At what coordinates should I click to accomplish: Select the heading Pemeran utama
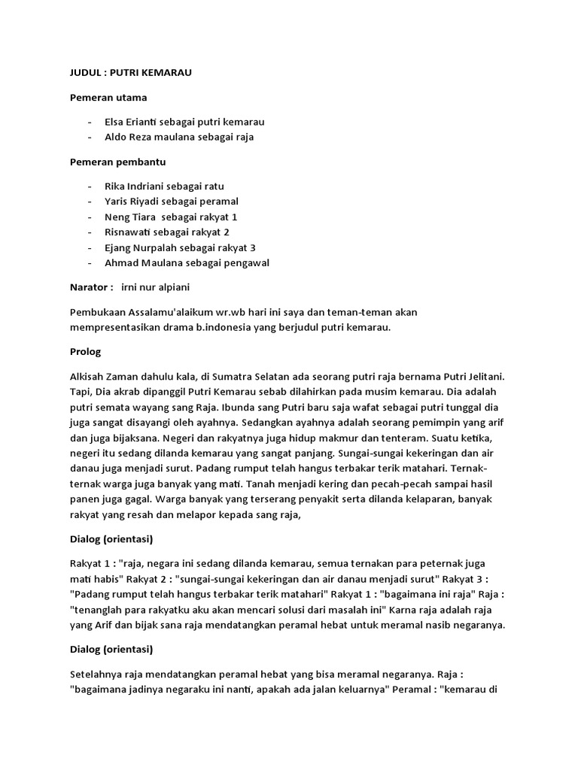tap(108, 97)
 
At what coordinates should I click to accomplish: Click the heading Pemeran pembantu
tap(117, 161)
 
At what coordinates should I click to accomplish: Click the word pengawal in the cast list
tap(245, 263)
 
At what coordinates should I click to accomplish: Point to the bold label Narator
tap(90, 287)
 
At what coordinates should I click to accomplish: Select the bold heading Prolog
tap(86, 352)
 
